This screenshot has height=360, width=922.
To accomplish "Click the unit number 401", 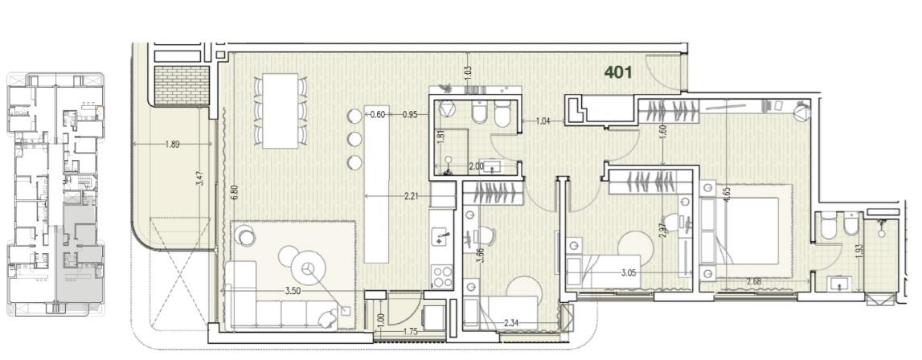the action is pyautogui.click(x=619, y=72).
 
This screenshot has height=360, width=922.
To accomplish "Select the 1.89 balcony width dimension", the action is pyautogui.click(x=172, y=144).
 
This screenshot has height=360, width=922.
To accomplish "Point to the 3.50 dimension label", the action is pyautogui.click(x=293, y=291).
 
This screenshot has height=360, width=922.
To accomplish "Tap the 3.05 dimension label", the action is pyautogui.click(x=632, y=272).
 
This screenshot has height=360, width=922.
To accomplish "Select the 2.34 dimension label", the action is pyautogui.click(x=511, y=322).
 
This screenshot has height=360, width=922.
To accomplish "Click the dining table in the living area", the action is pyautogui.click(x=281, y=111).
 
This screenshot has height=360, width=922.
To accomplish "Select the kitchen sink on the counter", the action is pyautogui.click(x=441, y=239).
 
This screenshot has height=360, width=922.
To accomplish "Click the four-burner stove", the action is pyautogui.click(x=441, y=276).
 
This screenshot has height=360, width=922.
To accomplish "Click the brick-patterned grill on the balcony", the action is pyautogui.click(x=182, y=85).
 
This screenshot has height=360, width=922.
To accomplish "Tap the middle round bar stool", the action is pyautogui.click(x=354, y=139).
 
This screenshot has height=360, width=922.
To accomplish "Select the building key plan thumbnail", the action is pyautogui.click(x=55, y=194).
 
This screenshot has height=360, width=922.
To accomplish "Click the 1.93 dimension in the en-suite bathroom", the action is pyautogui.click(x=859, y=252).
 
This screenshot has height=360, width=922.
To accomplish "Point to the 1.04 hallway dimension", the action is pyautogui.click(x=543, y=122).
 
